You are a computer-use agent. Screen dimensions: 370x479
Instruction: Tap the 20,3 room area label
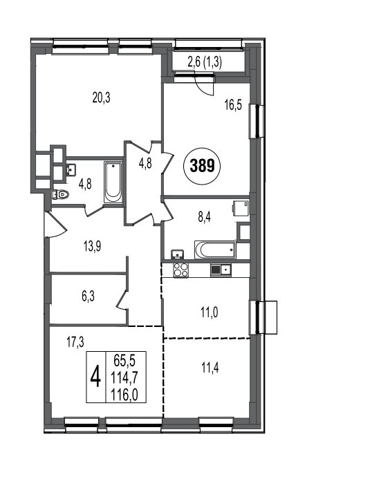point(102,98)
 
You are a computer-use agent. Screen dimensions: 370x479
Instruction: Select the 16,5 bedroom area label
point(233,105)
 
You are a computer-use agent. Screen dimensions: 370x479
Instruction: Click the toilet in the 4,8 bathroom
point(60,194)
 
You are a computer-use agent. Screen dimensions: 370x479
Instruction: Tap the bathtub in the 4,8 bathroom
point(113,182)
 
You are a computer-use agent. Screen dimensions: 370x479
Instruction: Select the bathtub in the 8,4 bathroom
point(215,250)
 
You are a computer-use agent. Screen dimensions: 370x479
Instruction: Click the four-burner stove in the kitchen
point(181,270)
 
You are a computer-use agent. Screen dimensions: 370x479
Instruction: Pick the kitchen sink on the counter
point(221,270)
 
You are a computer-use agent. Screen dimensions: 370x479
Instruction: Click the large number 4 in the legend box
point(95,377)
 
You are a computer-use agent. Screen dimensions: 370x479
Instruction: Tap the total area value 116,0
point(124,396)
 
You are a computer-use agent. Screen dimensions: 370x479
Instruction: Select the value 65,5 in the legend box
point(124,361)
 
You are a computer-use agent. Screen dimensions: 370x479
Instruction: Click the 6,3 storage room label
point(88,297)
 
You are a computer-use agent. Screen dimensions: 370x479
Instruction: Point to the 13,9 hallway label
point(92,246)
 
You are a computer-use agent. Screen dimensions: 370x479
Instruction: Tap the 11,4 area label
point(210,368)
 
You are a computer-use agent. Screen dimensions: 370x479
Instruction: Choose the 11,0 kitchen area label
point(210,313)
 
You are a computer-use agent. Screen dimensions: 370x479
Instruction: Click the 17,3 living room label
point(75,342)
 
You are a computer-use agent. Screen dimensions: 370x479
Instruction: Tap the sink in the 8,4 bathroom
point(177,254)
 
